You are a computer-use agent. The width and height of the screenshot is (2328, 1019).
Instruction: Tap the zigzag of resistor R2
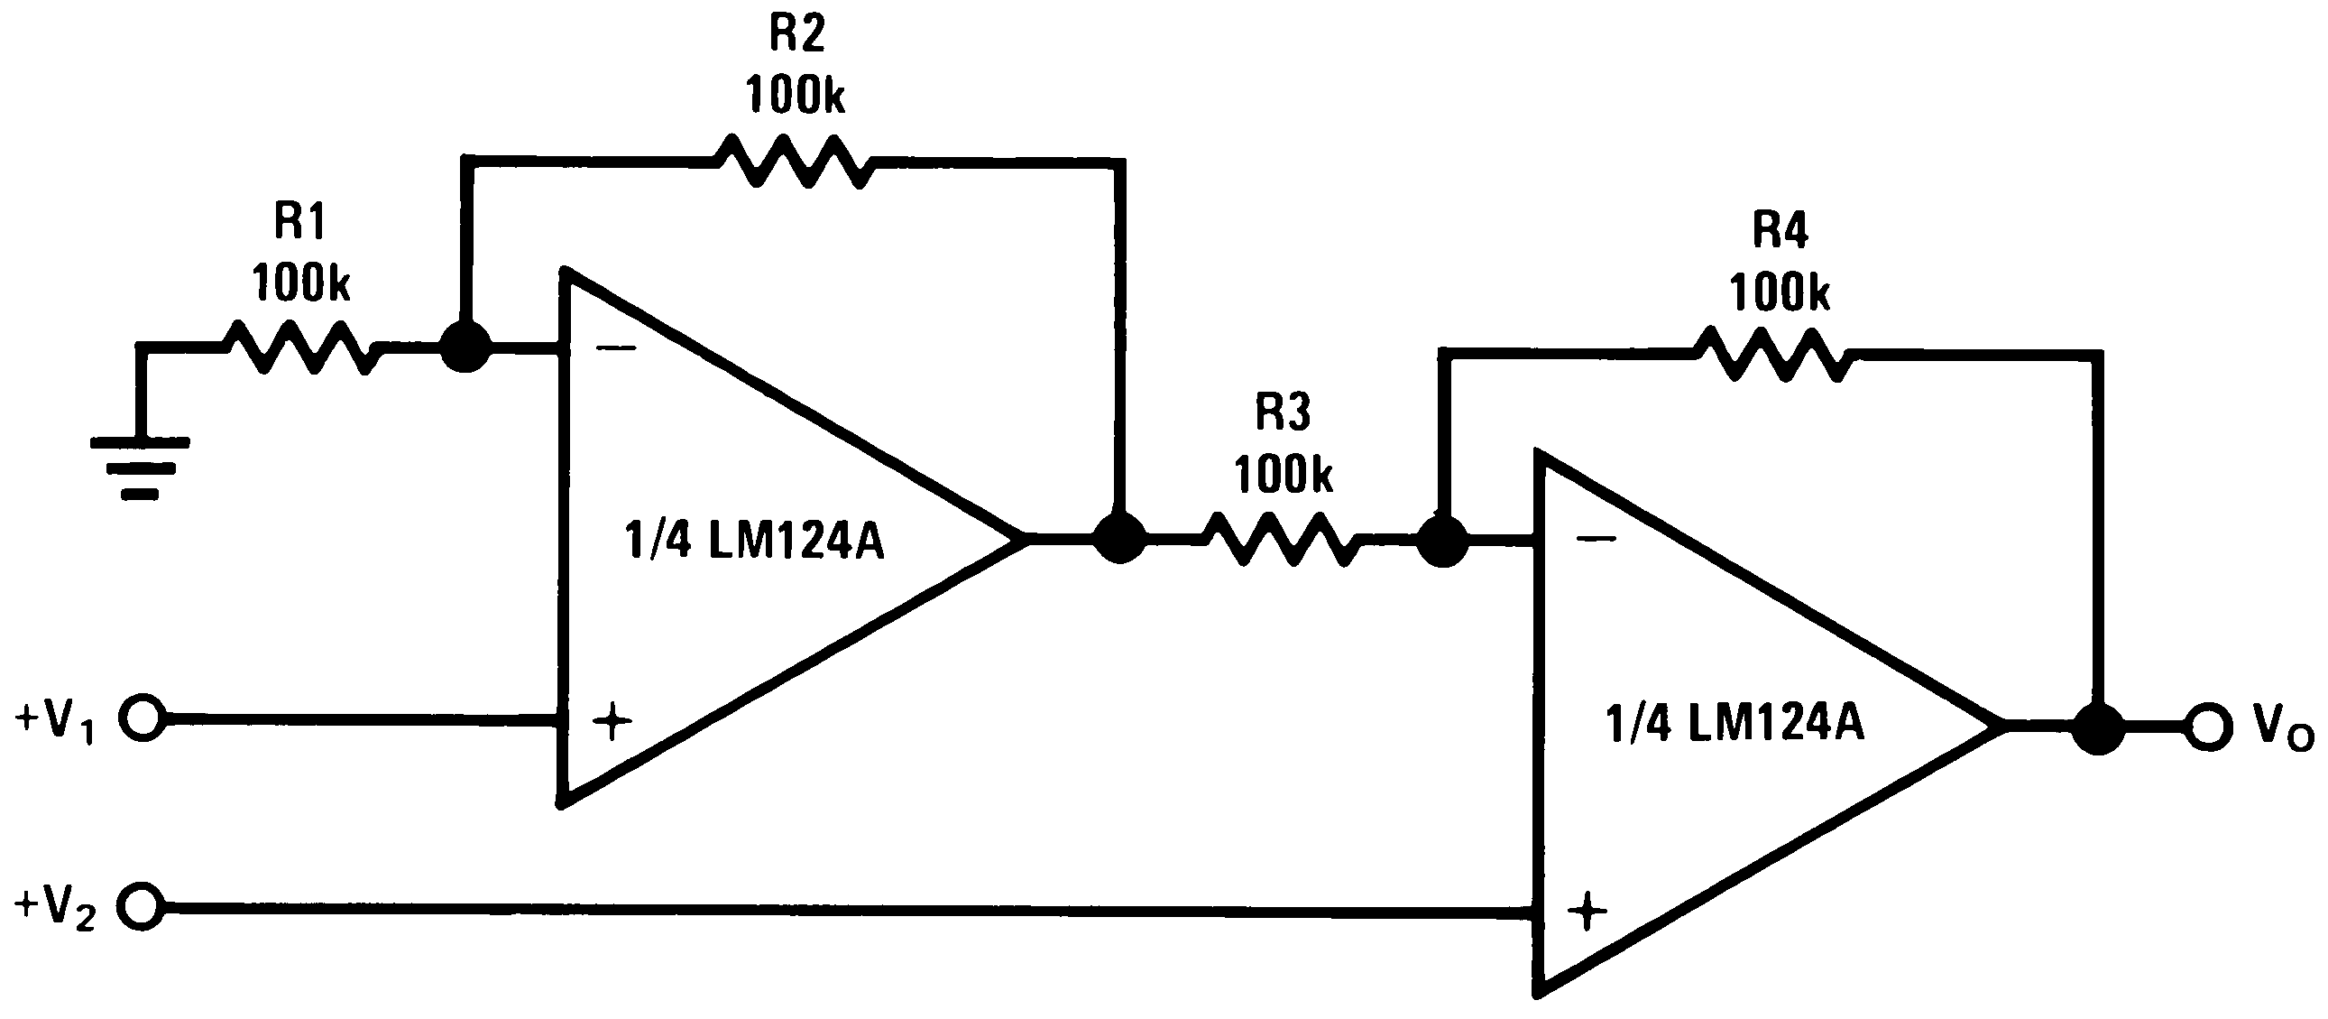[794, 162]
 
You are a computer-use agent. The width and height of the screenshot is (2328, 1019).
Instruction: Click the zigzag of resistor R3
[1283, 540]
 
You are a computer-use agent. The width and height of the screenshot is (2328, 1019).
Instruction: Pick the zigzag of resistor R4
[1774, 355]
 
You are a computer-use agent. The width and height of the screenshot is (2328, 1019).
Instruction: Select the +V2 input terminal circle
[143, 906]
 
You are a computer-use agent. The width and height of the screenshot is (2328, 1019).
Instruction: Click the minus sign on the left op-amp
[616, 347]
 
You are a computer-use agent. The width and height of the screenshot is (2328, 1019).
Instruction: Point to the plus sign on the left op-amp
[612, 720]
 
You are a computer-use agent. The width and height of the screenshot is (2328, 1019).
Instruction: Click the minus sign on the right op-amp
[1596, 539]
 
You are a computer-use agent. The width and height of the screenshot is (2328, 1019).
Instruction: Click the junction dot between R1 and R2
[465, 347]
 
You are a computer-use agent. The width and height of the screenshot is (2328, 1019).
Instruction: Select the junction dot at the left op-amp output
[1119, 538]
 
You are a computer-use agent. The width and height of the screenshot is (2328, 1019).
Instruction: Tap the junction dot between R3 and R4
[1443, 541]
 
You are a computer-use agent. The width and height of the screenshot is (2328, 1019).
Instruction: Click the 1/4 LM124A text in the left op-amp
[755, 542]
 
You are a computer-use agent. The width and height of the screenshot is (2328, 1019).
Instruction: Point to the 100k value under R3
[1283, 475]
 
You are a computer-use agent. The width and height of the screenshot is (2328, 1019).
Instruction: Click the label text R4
[1780, 229]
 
